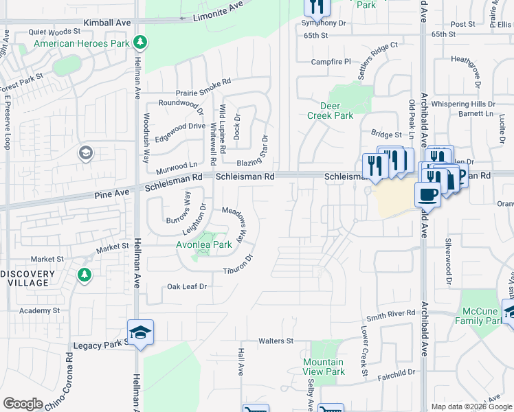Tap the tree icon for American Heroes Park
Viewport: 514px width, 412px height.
(x=141, y=43)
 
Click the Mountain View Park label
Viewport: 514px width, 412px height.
(x=324, y=367)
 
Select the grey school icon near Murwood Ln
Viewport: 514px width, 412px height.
(x=86, y=152)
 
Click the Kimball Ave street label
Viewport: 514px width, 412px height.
(x=107, y=23)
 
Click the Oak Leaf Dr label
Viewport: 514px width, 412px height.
(x=187, y=286)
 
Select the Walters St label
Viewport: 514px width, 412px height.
(x=276, y=341)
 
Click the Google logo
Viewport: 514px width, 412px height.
(x=23, y=403)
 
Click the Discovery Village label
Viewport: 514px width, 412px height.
(x=27, y=279)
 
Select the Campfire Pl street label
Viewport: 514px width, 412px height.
(x=331, y=61)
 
